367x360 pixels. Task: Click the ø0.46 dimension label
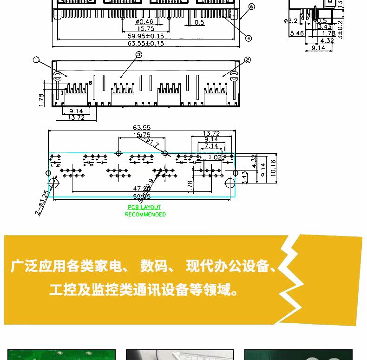144,22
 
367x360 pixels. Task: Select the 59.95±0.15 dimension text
146,36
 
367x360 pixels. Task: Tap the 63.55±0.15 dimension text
146,44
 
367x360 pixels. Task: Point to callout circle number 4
249,38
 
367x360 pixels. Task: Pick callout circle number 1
36,60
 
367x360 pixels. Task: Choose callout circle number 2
247,60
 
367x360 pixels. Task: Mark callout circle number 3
138,55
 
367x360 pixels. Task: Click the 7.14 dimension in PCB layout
211,146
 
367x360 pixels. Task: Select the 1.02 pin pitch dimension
215,157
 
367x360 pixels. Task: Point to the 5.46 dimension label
297,33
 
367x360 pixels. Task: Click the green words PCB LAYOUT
144,207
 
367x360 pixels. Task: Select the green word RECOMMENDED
145,215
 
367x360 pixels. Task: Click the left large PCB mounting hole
54,183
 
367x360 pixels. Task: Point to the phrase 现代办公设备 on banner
228,266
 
